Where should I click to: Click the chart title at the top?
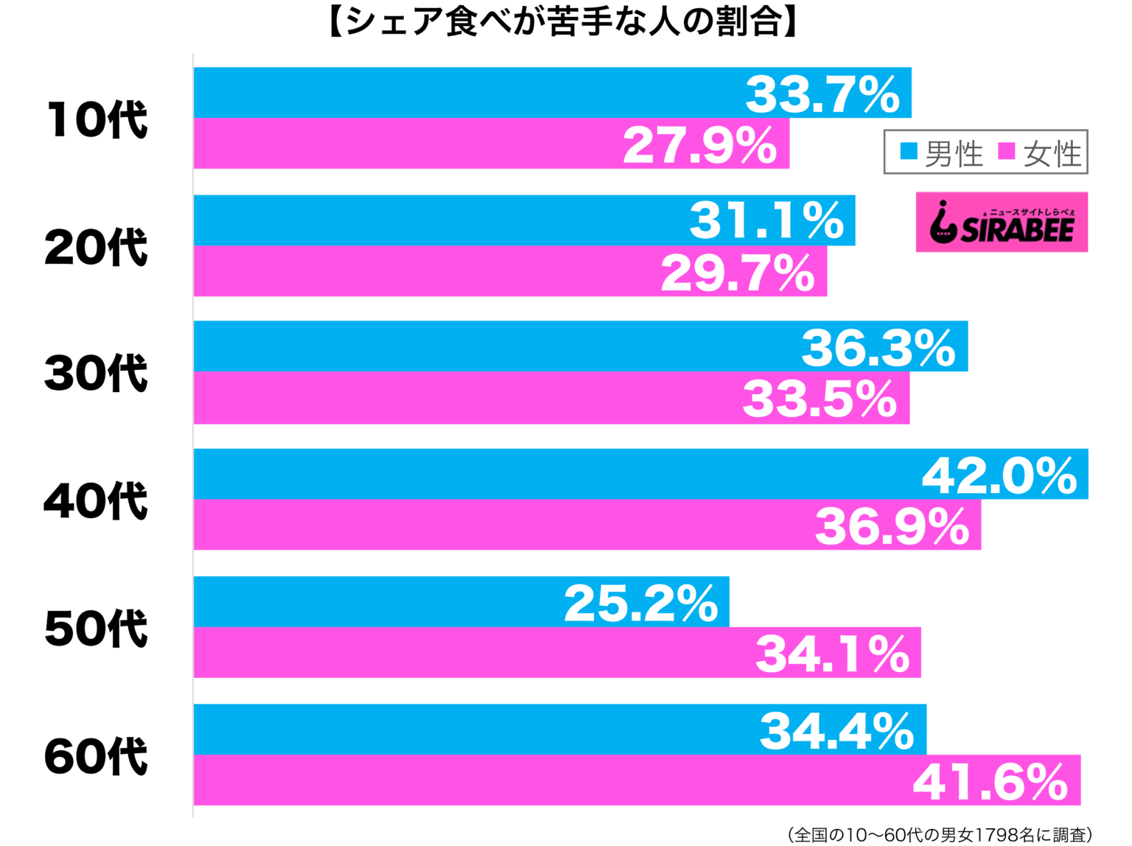[562, 23]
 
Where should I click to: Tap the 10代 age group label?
[97, 119]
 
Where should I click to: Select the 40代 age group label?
[97, 500]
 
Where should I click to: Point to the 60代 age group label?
[97, 756]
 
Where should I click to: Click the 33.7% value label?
[822, 94]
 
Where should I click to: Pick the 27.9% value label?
[699, 145]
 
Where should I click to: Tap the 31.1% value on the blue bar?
[766, 220]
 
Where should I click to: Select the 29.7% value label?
[737, 272]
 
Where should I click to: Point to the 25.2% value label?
[640, 604]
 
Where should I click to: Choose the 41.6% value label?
[990, 781]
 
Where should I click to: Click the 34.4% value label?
[836, 731]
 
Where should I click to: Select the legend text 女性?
[1052, 154]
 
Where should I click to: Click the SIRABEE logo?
[1002, 223]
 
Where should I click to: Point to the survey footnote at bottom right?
[939, 835]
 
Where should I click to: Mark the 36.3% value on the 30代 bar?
[878, 348]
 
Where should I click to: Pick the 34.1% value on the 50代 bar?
[832, 654]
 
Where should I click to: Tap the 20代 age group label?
[97, 247]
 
